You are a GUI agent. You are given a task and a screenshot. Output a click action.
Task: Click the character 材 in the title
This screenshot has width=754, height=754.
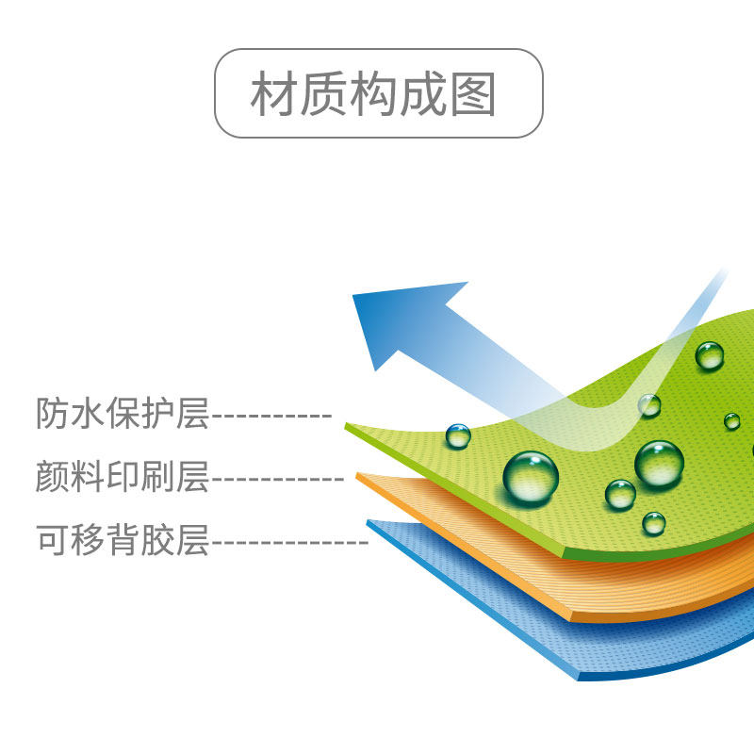point(273,94)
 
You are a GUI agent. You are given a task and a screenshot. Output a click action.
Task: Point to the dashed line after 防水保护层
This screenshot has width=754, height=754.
point(271,416)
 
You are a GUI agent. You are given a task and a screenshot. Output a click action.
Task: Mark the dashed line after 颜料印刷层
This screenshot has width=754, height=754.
point(277,479)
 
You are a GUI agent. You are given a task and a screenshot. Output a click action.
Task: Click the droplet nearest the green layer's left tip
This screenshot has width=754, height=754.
point(458,435)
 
